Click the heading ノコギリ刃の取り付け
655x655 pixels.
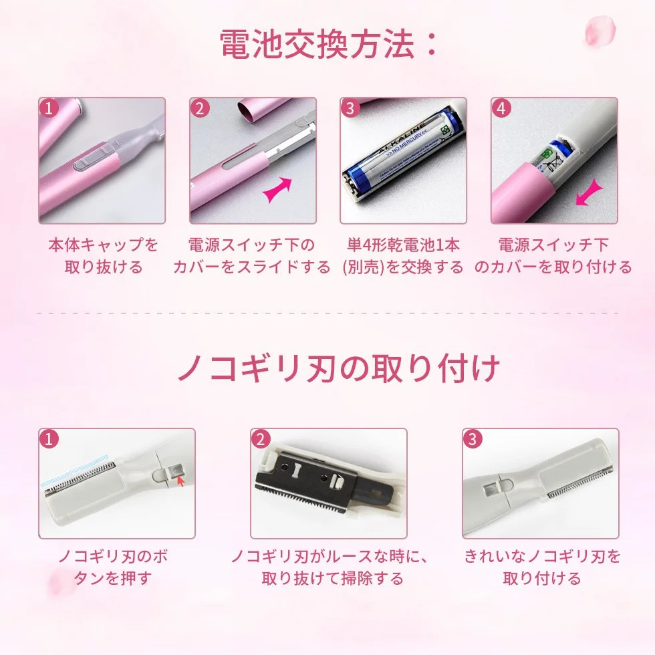[x=339, y=368]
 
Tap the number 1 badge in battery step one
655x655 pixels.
[x=49, y=108]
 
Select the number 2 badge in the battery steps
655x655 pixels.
[x=200, y=108]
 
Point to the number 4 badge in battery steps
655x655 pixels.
[x=501, y=108]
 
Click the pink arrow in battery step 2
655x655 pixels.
[x=278, y=188]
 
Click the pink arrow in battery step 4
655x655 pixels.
[x=589, y=193]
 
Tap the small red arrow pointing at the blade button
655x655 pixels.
[x=181, y=481]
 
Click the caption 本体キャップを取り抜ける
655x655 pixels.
[x=103, y=255]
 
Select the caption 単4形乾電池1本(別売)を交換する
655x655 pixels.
[x=403, y=255]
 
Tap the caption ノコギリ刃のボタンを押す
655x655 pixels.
[x=113, y=567]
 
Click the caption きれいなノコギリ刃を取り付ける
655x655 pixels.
[x=542, y=567]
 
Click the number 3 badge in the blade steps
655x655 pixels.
[x=473, y=439]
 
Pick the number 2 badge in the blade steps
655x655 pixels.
[x=261, y=439]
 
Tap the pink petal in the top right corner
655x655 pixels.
[x=600, y=31]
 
